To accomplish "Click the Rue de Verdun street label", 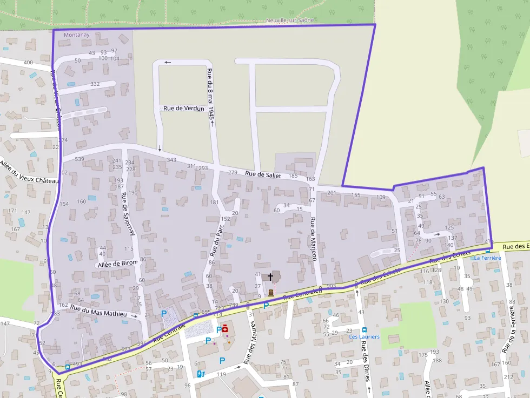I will tap(184, 109).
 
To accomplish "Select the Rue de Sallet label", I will tap(263, 174).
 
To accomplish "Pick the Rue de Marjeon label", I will tap(313, 239).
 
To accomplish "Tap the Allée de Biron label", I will tap(117, 264).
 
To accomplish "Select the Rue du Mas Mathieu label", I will tap(98, 311).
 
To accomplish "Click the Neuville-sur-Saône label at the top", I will tap(289, 20).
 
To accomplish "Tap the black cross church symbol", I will tap(270, 276).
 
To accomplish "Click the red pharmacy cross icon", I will tap(225, 328).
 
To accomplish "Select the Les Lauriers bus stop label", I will tap(364, 336).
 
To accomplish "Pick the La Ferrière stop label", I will tap(487, 258).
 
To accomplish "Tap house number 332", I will tap(95, 84).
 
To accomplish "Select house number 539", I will tap(79, 159).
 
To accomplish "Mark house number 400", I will tap(28, 63).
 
